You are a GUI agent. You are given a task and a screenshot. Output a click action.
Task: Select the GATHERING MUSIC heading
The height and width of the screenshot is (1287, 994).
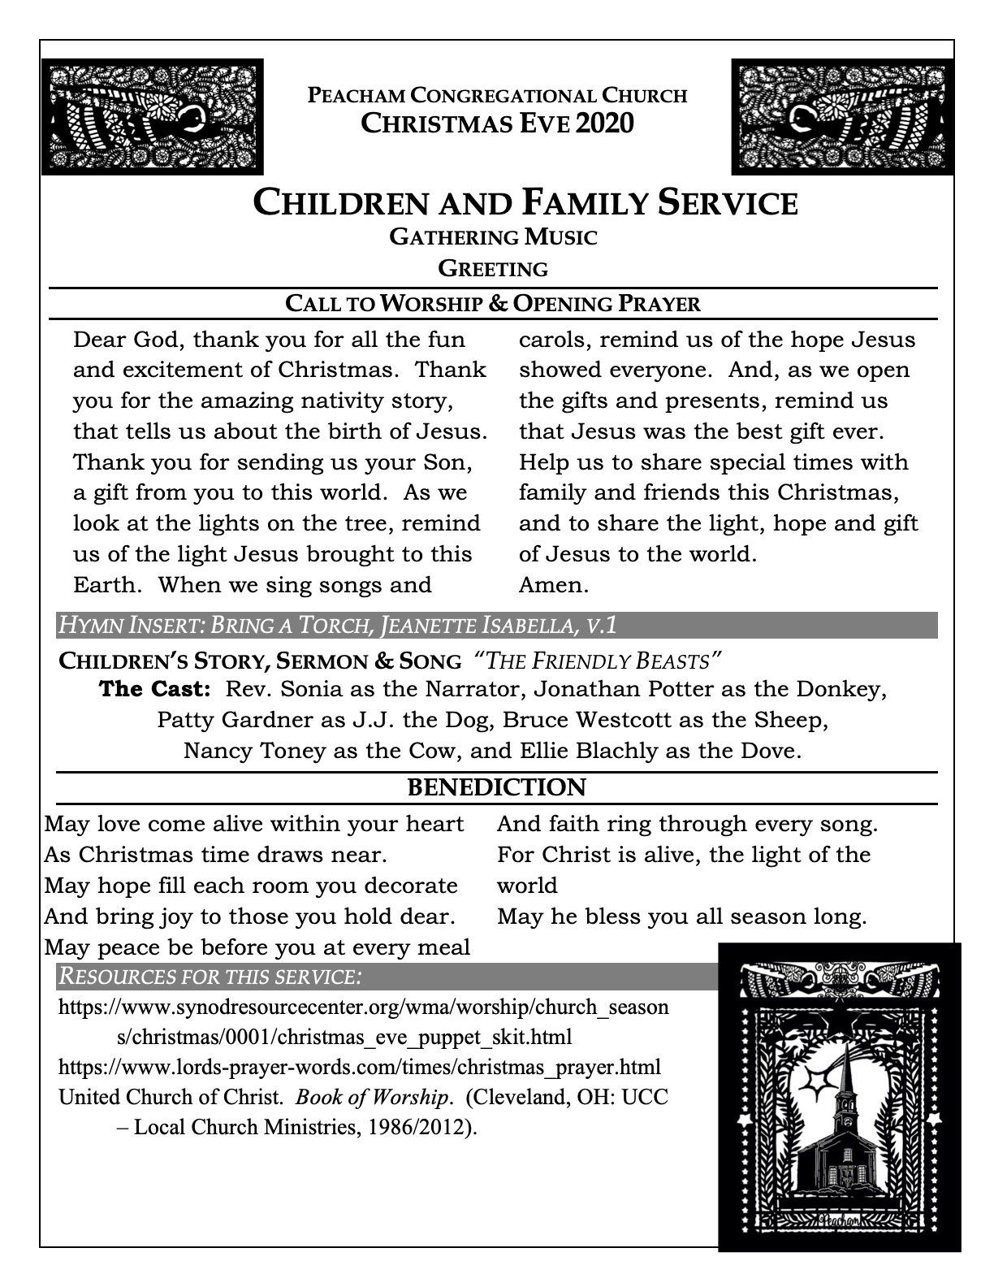493,237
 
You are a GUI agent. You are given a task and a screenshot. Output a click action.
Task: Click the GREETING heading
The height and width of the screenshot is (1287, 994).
493,268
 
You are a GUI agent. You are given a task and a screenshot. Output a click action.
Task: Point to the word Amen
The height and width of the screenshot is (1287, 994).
553,584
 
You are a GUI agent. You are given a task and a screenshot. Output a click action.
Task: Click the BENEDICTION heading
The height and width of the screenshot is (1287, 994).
496,786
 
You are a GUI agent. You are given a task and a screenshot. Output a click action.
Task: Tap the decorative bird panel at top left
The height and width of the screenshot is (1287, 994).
153,115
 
